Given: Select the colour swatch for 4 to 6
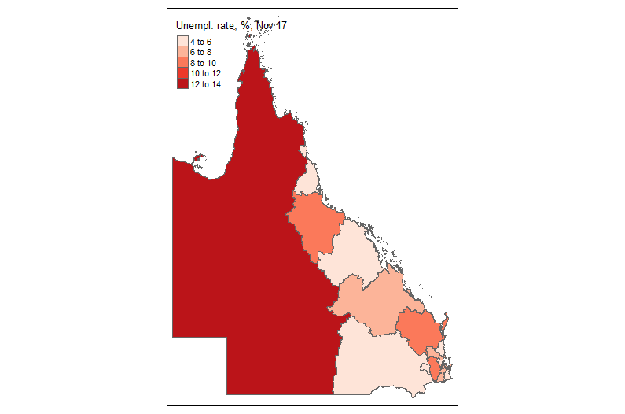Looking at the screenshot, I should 182,41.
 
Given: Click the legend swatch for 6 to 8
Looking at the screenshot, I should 182,52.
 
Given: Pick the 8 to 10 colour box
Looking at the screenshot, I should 182,62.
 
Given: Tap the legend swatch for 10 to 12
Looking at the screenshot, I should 182,73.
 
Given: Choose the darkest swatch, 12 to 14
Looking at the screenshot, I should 182,83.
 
